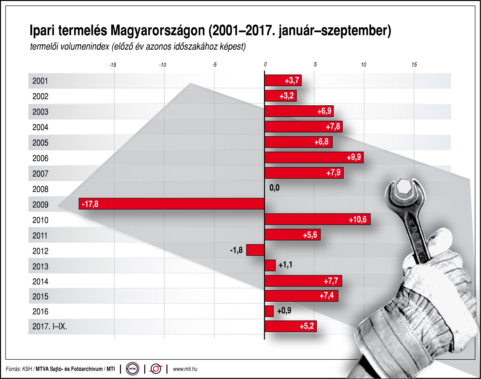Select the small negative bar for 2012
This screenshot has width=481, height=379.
point(255,250)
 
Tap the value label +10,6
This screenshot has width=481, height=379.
point(358,220)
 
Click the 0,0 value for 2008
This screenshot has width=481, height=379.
point(274,188)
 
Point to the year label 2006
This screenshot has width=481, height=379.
point(40,158)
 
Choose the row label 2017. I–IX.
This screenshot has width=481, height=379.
point(50,327)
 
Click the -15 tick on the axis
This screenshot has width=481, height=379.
point(113,65)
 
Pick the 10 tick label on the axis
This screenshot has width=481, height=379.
point(364,65)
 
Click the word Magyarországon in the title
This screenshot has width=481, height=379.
point(158,31)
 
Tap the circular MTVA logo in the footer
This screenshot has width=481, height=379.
point(133,369)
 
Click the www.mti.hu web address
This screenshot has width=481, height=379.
point(185,369)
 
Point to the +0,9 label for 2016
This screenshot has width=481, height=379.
point(284,311)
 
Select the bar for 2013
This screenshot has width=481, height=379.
point(270,265)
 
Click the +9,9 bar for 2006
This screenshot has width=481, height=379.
point(314,158)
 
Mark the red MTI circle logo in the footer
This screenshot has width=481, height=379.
point(156,369)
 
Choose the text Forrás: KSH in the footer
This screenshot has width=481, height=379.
point(19,369)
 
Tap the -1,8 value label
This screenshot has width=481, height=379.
point(236,250)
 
